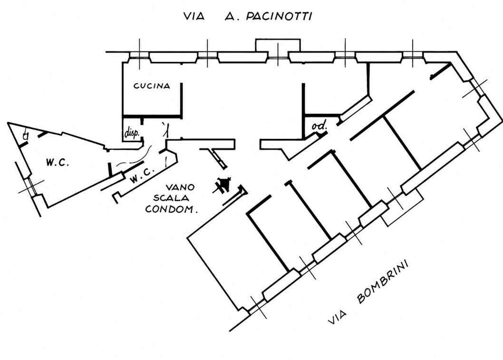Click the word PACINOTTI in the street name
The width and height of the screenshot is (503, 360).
point(279,16)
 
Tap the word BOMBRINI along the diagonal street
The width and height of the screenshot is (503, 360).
point(382,282)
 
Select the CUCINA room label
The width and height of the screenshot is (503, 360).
point(152,86)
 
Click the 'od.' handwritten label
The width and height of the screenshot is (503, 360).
point(319,126)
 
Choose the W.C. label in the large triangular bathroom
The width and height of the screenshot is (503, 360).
point(58,163)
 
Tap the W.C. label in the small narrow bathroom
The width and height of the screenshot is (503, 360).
point(142,175)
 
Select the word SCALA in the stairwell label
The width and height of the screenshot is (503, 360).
point(171,198)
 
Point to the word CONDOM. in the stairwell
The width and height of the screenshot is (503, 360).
point(171,210)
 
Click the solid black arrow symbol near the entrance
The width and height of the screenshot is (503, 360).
point(223,185)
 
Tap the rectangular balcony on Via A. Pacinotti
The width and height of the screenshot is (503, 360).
point(278,45)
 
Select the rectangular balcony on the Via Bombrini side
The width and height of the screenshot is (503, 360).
point(402,206)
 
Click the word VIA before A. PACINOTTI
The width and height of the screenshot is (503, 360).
point(194,16)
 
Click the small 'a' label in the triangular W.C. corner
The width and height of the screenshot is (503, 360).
point(26,136)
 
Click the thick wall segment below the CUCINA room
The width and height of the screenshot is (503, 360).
point(153,116)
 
